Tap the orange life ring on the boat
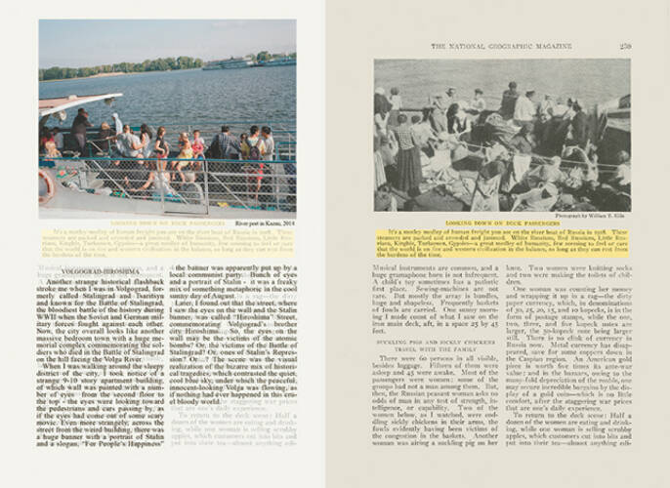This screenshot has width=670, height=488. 45,186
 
